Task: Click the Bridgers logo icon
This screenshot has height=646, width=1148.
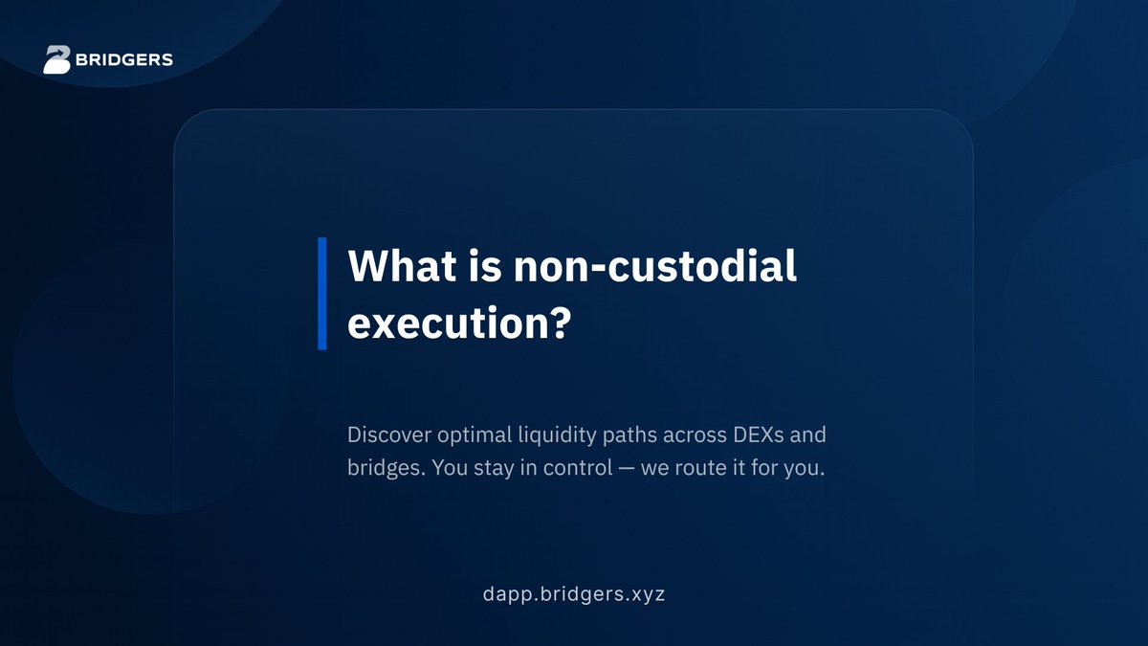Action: point(56,59)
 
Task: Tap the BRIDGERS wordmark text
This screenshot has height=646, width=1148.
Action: point(124,60)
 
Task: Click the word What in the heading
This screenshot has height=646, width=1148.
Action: point(402,266)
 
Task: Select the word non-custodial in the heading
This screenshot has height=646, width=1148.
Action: point(655,266)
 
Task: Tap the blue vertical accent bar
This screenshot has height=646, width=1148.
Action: point(322,294)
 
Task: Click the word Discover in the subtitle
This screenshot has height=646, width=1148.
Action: point(389,434)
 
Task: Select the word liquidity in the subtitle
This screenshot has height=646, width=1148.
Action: point(557,435)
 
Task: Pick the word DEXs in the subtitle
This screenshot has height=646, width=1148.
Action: point(759,434)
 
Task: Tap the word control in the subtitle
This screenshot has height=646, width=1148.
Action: point(578,468)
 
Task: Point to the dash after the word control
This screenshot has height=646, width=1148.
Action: point(627,469)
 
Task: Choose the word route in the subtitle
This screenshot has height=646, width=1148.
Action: point(697,468)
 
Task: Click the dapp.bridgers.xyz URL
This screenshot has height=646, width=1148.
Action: point(574,594)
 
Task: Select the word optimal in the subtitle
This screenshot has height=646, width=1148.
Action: point(475,435)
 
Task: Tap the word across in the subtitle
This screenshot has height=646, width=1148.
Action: point(695,435)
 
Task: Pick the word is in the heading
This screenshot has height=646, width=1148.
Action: point(485,266)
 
